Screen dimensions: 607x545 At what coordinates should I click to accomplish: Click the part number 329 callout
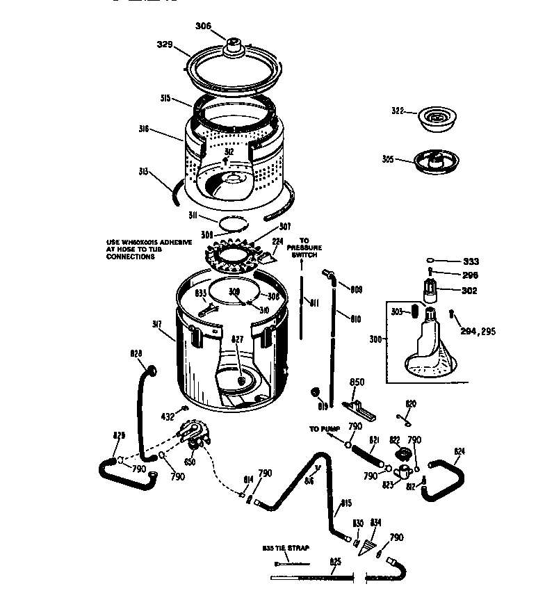pyautogui.click(x=164, y=44)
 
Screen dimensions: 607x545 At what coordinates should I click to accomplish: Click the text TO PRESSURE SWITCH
pyautogui.click(x=304, y=248)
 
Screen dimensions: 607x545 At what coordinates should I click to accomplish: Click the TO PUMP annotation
pyautogui.click(x=323, y=429)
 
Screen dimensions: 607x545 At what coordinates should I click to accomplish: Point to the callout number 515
pyautogui.click(x=165, y=99)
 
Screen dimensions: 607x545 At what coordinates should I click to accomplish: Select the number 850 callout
pyautogui.click(x=357, y=382)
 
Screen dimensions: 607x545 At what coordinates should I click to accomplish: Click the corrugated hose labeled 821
pyautogui.click(x=366, y=455)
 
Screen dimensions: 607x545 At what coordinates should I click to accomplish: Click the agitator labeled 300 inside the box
pyautogui.click(x=428, y=347)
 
